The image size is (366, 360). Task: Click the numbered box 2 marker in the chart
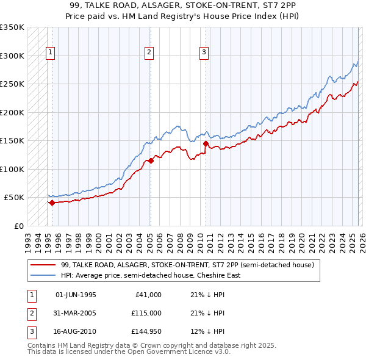(149, 53)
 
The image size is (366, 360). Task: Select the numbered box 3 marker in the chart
(204, 53)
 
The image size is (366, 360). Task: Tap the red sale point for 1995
(52, 203)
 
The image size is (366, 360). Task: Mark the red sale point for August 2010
(206, 144)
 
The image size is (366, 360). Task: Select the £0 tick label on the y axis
(18, 226)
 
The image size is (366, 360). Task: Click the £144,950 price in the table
(146, 333)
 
